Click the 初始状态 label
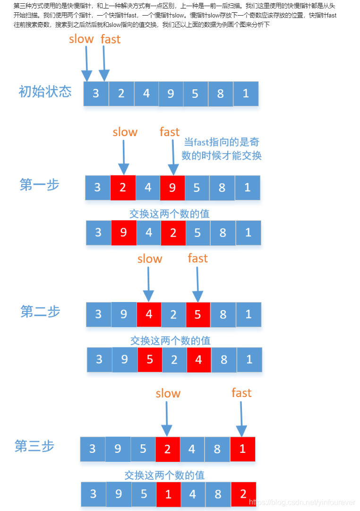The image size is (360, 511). click(45, 91)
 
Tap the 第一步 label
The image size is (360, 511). click(40, 184)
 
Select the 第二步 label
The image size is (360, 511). click(41, 312)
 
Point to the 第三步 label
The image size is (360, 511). click(34, 446)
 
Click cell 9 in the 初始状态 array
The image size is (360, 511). click(171, 94)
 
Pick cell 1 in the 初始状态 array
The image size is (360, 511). click(246, 94)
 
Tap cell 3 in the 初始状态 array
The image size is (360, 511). click(96, 94)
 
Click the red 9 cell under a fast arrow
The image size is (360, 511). click(172, 188)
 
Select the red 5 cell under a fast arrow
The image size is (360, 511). click(198, 314)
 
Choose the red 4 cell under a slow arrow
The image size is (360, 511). click(149, 314)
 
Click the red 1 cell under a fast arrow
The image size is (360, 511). click(243, 449)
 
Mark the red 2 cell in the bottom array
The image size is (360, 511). click(243, 494)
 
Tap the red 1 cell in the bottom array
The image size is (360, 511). click(168, 494)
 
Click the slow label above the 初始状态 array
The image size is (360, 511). click(81, 39)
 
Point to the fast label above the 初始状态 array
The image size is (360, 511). click(111, 39)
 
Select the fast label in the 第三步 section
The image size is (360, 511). click(241, 393)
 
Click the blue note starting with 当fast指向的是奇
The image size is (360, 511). click(222, 148)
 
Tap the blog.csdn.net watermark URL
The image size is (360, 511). click(302, 502)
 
